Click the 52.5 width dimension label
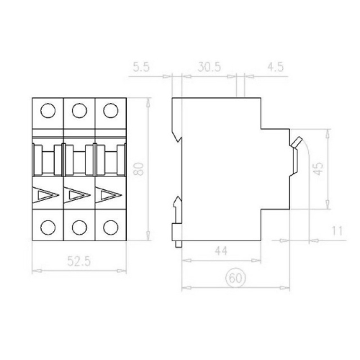click(77, 264)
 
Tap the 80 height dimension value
click(140, 170)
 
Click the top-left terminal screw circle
click(48, 111)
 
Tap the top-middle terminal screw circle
click(79, 111)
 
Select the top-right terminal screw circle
click(109, 111)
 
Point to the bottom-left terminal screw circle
click(48, 226)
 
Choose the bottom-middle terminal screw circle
click(79, 226)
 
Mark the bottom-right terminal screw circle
click(109, 226)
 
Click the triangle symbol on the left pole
click(45, 195)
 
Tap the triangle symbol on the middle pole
click(76, 195)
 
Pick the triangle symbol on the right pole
click(107, 195)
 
